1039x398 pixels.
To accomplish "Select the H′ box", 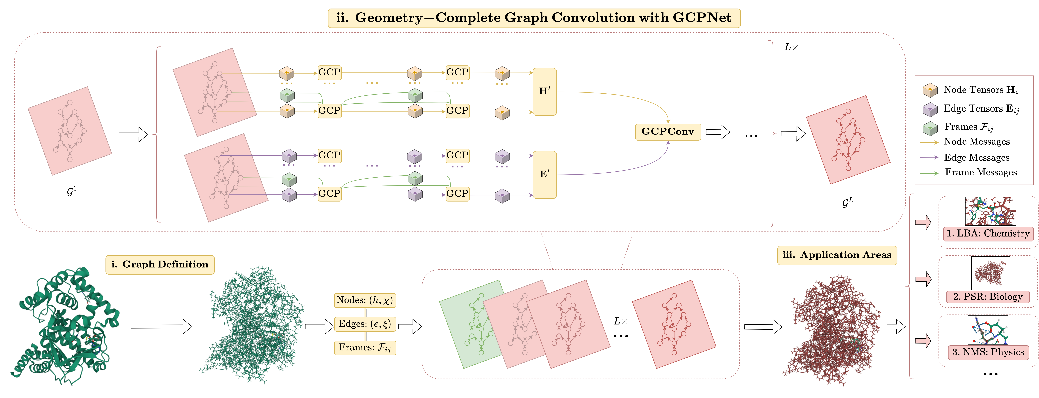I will point(545,92).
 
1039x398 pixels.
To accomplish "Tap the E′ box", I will point(545,174).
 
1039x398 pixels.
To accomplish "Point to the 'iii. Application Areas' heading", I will point(837,255).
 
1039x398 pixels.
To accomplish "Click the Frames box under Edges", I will point(365,348).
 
